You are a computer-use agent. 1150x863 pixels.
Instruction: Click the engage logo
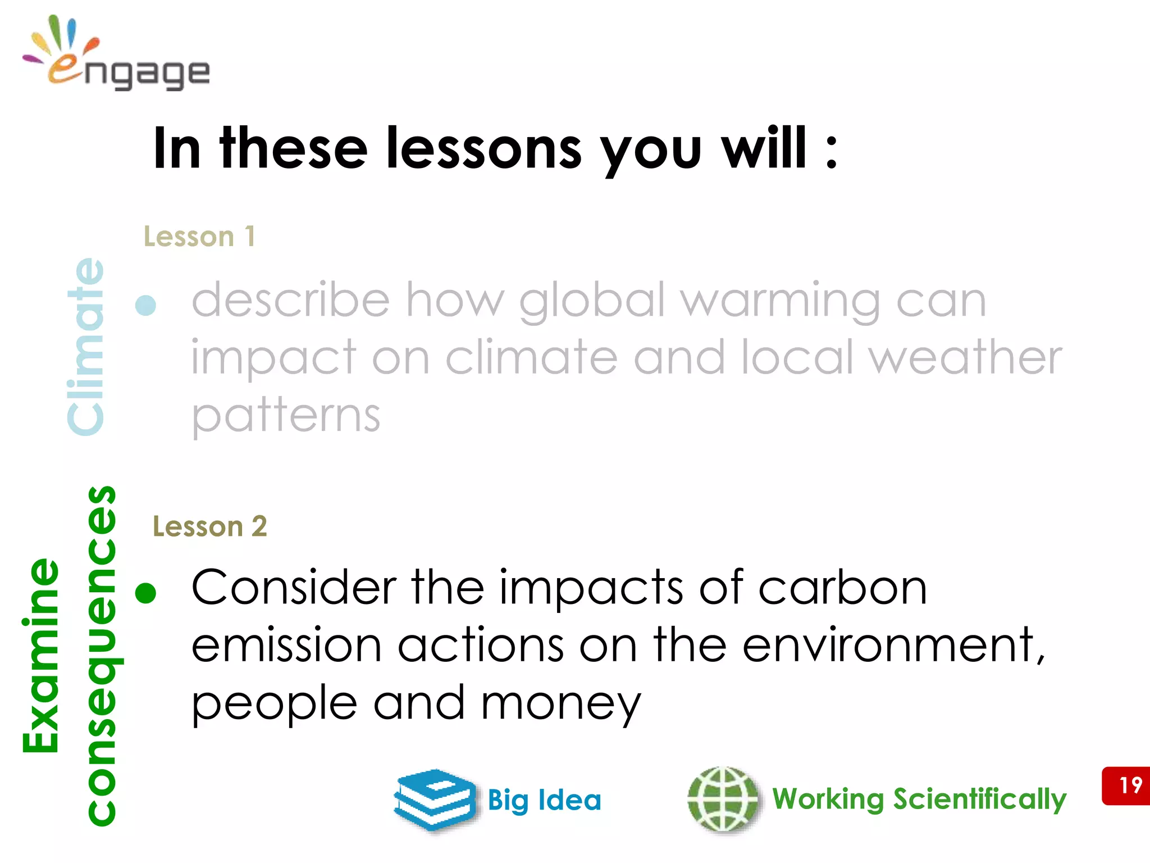pos(116,55)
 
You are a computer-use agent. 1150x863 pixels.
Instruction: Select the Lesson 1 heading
pos(199,236)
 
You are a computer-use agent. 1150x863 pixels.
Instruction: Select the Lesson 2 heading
pos(210,526)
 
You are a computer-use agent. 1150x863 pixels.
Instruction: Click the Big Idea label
pos(544,800)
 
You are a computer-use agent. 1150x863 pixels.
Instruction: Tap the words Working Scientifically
pos(919,799)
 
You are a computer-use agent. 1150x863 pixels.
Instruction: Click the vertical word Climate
pos(85,346)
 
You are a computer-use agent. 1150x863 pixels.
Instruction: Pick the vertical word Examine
pos(40,655)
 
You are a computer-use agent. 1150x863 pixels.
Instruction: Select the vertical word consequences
pos(102,655)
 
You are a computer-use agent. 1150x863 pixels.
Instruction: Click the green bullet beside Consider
pos(146,593)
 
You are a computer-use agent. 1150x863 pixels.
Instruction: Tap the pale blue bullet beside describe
pos(146,305)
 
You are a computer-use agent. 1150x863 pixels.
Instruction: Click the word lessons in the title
pos(484,148)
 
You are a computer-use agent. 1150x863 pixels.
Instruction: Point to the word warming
pos(781,301)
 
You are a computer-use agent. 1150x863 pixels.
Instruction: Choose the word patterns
pos(286,416)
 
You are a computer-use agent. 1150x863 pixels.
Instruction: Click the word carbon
pos(842,588)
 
